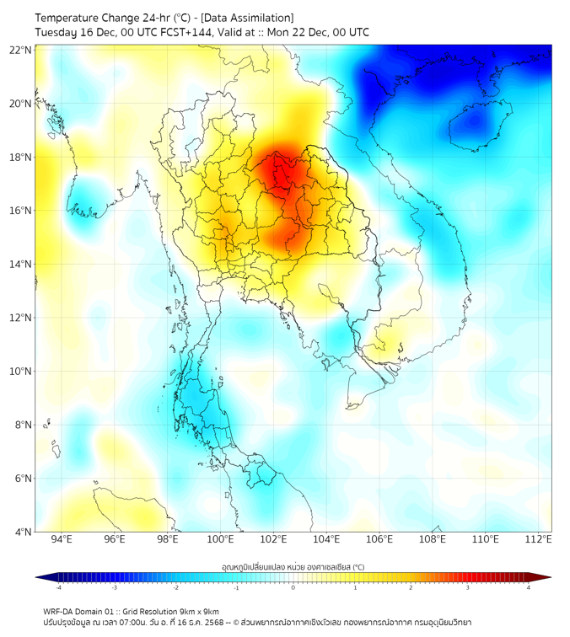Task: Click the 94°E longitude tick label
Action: point(62,539)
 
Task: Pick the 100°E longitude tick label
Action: point(221,539)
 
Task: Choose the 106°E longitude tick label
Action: point(380,539)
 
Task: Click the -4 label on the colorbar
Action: point(58,587)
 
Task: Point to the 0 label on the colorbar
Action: point(293,587)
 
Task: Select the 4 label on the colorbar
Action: point(528,587)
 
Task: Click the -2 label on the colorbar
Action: point(175,587)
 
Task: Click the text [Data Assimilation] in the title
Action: point(247,18)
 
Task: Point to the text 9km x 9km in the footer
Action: point(193,612)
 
